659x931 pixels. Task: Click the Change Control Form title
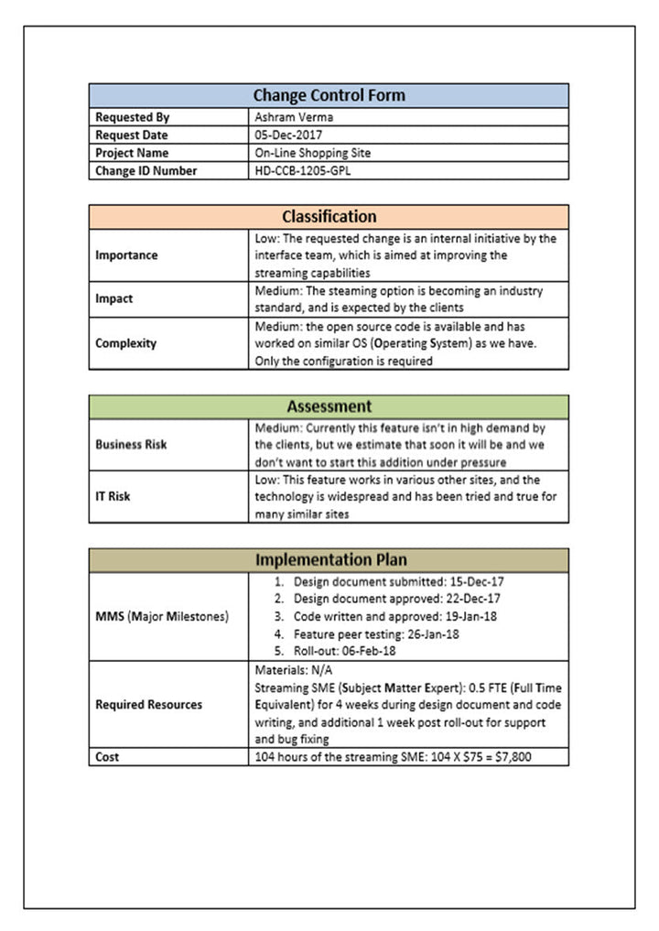point(329,95)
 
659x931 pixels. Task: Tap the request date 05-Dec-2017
point(290,135)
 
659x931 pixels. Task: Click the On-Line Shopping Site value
point(313,153)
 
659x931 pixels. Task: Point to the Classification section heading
point(329,217)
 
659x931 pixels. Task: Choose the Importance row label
point(126,255)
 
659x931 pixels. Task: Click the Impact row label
point(114,298)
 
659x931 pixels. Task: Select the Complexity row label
point(126,343)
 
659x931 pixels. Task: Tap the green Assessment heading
point(329,406)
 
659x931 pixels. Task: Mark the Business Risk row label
point(131,445)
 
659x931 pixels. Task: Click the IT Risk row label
point(113,497)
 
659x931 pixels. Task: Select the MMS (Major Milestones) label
point(162,617)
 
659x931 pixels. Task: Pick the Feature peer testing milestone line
point(376,634)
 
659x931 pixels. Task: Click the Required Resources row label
point(149,705)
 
